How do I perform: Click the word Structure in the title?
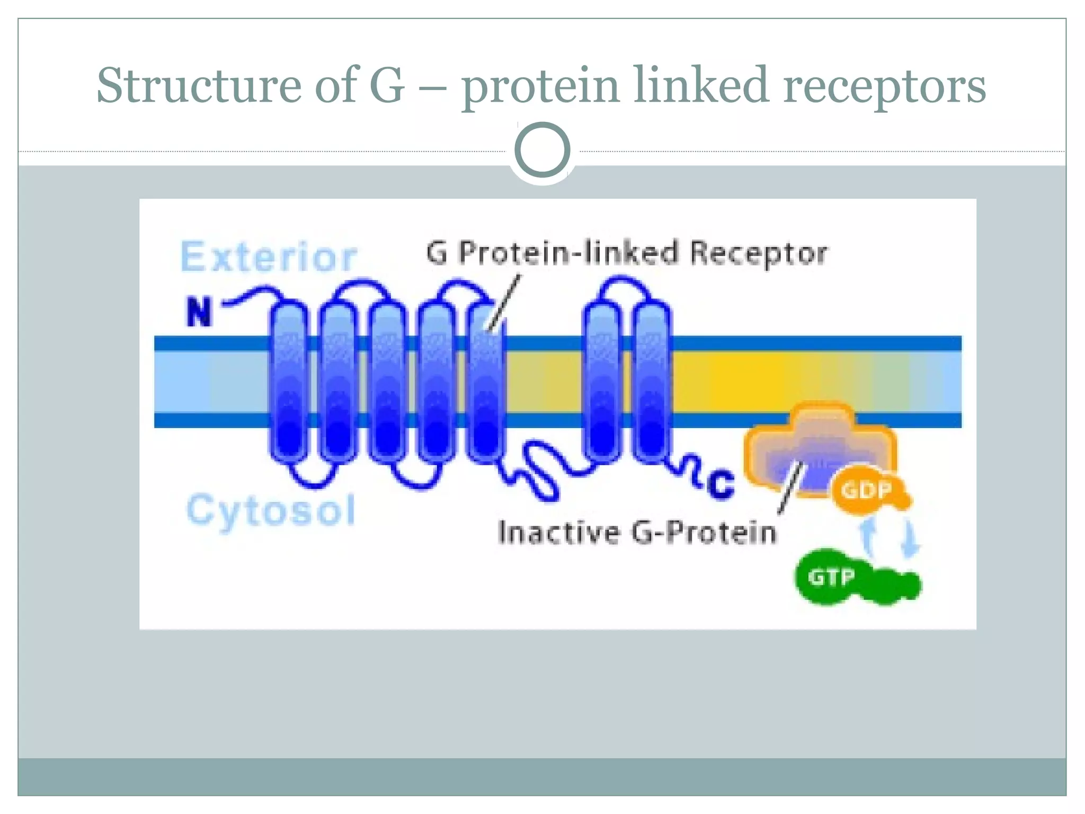tap(199, 86)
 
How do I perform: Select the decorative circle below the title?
tap(542, 149)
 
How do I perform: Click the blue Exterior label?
tap(269, 257)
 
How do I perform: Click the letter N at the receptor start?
tap(199, 312)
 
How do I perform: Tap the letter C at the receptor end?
tap(721, 483)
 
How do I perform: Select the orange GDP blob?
tap(867, 491)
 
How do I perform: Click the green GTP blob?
tap(831, 577)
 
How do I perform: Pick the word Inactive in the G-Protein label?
tap(558, 533)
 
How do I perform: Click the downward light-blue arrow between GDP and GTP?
tap(911, 538)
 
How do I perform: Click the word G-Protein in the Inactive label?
tap(704, 533)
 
